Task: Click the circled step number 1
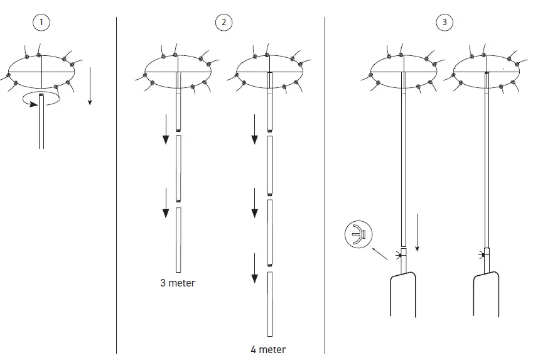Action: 42,23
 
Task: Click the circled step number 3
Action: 444,23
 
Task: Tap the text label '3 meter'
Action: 178,283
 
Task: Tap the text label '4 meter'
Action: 268,349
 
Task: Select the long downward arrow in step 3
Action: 416,232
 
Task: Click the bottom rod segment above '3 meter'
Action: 178,240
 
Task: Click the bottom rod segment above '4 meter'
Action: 269,305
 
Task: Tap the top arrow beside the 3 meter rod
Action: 165,129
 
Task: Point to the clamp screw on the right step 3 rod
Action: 482,255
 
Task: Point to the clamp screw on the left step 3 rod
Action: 399,255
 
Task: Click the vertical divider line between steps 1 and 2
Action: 117,188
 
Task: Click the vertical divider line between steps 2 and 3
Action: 325,188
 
